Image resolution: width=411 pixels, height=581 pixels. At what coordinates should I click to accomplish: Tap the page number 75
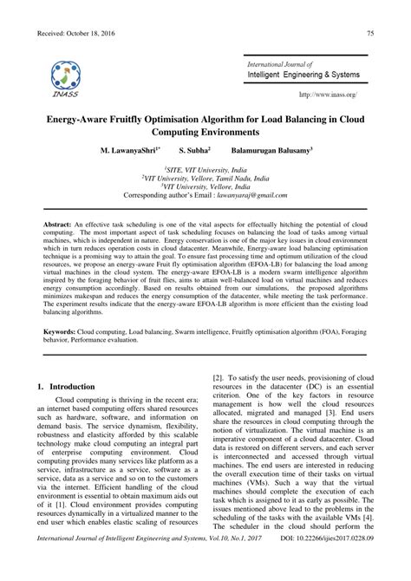370,34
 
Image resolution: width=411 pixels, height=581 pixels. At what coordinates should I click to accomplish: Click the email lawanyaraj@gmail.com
255,197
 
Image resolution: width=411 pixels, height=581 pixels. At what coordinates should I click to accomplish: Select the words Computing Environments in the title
205,131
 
